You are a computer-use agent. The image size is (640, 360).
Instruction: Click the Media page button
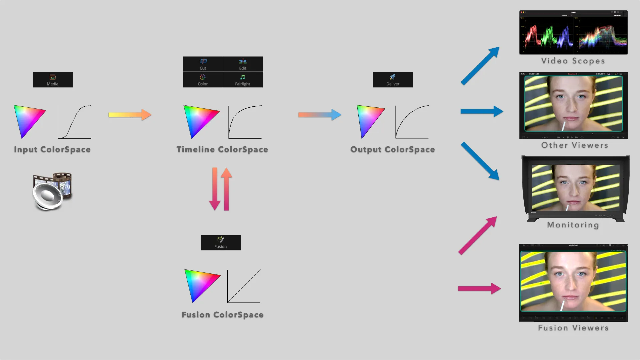(53, 80)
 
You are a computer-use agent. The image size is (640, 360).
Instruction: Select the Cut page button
(203, 64)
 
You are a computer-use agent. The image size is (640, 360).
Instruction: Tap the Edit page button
(243, 64)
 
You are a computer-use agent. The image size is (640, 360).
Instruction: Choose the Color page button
(203, 80)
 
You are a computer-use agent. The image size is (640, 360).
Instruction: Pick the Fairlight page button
(243, 80)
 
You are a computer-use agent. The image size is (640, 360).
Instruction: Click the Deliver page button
(393, 80)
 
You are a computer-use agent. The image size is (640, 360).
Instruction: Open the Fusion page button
(220, 242)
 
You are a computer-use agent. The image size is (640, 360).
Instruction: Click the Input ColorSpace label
(52, 149)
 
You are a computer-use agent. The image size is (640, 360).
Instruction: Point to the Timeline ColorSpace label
(222, 149)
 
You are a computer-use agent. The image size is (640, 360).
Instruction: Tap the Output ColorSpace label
(392, 149)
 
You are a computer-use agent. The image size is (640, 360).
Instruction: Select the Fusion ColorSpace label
(222, 315)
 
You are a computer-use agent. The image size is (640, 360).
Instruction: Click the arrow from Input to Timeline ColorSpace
(130, 115)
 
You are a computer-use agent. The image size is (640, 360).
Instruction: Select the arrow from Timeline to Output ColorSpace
(319, 115)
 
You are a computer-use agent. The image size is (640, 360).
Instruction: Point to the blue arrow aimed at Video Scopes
(480, 66)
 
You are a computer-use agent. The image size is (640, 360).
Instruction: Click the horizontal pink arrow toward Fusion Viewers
(479, 288)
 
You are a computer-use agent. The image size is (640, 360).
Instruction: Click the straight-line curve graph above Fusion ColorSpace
(244, 286)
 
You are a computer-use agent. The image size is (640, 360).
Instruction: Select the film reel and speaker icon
(52, 191)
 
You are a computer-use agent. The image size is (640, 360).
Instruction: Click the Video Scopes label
(573, 61)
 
